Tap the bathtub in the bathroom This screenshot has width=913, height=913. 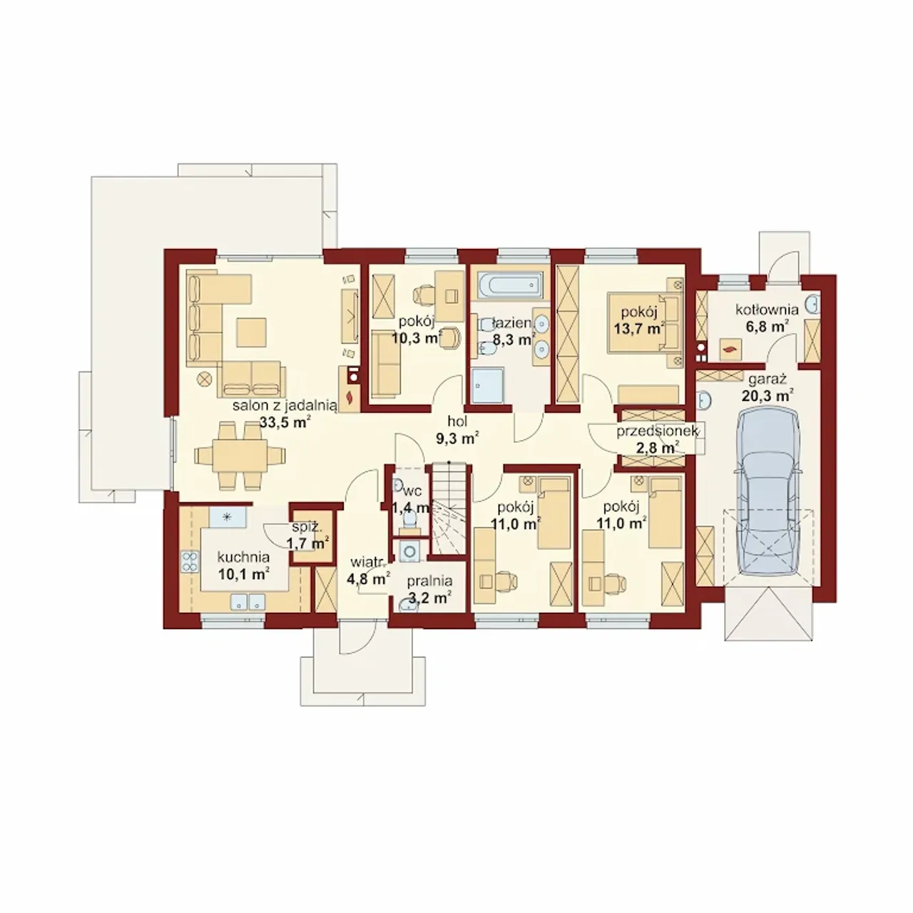(509, 285)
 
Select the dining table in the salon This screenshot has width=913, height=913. (240, 455)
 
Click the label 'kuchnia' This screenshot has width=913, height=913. (243, 558)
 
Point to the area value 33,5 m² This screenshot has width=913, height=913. (285, 422)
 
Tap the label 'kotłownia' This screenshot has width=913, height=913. (767, 310)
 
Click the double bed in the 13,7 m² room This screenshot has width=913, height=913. (645, 323)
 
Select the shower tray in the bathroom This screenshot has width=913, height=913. (488, 385)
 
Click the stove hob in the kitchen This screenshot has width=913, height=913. (190, 562)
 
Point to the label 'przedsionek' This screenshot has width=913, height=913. (657, 431)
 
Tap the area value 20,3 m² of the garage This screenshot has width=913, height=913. (767, 394)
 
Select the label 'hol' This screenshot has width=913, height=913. (458, 422)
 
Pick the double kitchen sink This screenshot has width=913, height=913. (248, 601)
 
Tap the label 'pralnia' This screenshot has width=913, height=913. (429, 581)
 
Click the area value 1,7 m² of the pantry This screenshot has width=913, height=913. (308, 544)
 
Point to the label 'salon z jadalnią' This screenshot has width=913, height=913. (285, 406)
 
